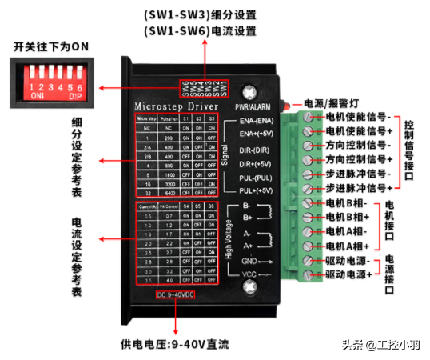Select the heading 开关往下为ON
coord(51,47)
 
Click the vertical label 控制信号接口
coord(408,152)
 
